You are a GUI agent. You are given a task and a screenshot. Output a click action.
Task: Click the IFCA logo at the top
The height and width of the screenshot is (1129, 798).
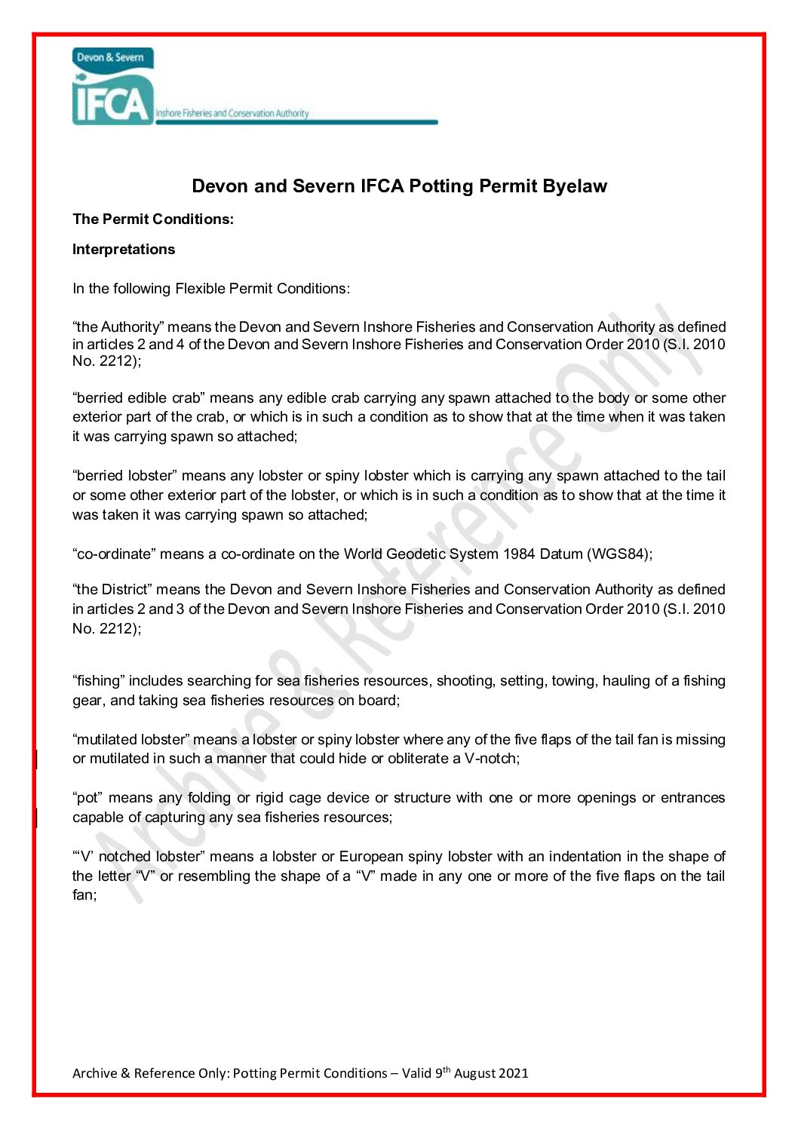click(x=113, y=87)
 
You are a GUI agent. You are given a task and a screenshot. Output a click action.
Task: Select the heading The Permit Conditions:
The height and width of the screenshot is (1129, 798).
click(x=153, y=219)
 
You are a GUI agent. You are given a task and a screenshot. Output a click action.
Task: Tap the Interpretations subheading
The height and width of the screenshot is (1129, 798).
click(x=124, y=250)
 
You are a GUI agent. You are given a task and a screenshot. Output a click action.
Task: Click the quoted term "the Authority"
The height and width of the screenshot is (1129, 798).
click(x=118, y=327)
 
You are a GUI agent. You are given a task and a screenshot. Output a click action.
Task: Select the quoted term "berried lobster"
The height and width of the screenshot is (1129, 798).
click(x=124, y=476)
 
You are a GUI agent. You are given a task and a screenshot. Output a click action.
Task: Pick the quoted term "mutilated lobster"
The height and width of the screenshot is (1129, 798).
click(x=131, y=740)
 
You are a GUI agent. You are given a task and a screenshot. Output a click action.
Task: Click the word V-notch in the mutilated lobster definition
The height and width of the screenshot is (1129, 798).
click(x=490, y=759)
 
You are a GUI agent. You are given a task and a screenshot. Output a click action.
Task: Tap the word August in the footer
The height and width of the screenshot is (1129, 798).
click(x=474, y=1073)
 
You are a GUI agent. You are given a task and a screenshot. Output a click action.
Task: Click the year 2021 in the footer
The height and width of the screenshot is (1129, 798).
click(x=513, y=1073)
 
